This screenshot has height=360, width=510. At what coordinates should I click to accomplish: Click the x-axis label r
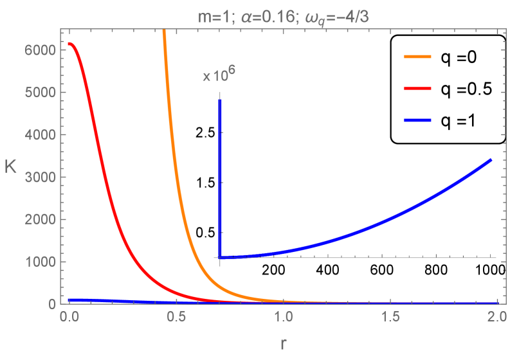click(x=283, y=344)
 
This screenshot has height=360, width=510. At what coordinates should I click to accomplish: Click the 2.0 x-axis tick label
click(x=496, y=317)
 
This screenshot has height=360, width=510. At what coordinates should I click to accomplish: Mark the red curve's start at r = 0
click(x=69, y=44)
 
